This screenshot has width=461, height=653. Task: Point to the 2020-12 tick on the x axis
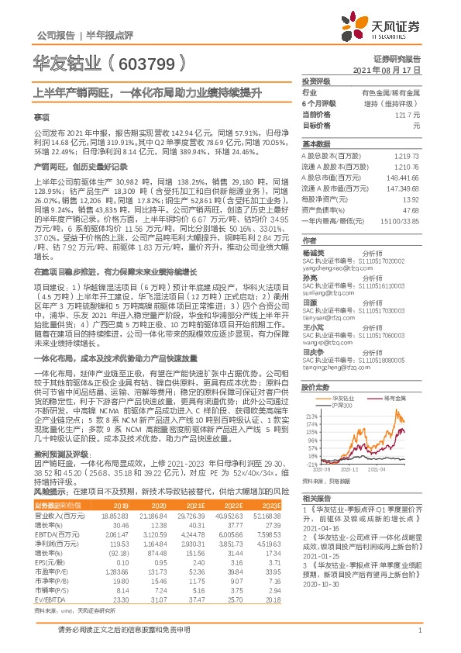(348, 469)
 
